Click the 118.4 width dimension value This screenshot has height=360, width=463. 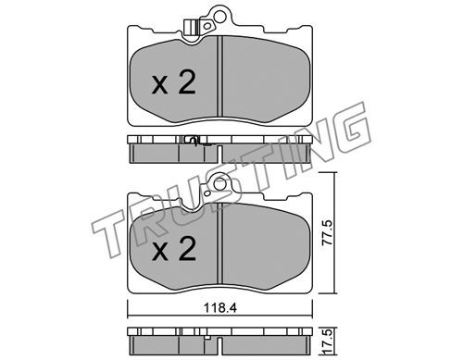tap(220, 308)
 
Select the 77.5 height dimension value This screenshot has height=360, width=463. tap(327, 232)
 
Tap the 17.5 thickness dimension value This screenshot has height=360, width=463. tap(327, 341)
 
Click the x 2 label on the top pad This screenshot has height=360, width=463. tap(173, 82)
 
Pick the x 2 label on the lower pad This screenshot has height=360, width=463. tap(173, 249)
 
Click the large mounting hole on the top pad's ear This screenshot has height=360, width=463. tap(219, 17)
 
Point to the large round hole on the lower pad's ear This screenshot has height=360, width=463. tap(219, 184)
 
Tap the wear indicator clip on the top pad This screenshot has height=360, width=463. tap(190, 28)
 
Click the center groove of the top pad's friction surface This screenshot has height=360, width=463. tap(219, 76)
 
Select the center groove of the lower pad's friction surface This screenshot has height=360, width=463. tap(219, 243)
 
